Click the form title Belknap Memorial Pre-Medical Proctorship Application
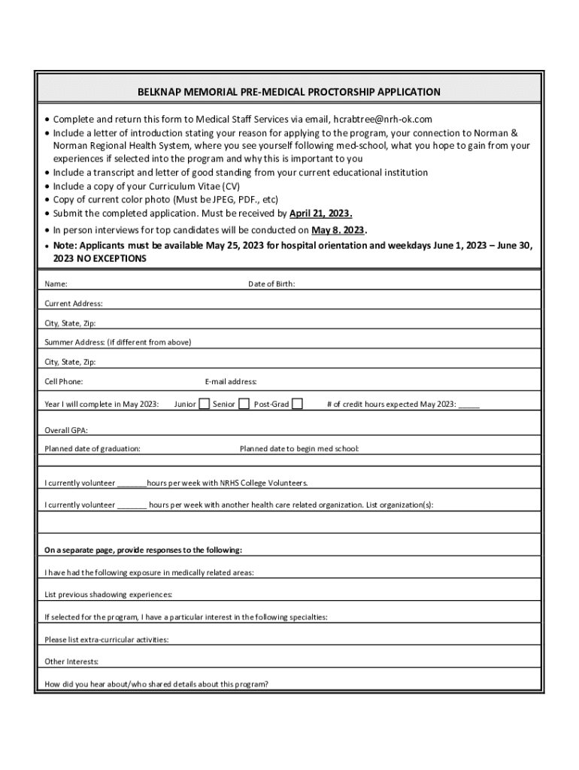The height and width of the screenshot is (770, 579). tap(289, 92)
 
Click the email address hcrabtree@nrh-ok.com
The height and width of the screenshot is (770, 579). tap(383, 119)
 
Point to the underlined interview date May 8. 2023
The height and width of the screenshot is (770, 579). tap(338, 230)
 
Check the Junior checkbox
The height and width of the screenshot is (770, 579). tap(204, 404)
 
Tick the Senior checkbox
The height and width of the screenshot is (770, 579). tap(244, 404)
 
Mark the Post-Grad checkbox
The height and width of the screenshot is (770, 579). tap(298, 404)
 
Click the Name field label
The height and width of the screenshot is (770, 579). tap(56, 284)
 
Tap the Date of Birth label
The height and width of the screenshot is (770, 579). tap(271, 284)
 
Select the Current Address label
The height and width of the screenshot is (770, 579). tap(74, 304)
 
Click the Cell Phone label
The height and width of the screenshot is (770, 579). tap(64, 382)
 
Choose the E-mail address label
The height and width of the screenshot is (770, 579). tap(231, 382)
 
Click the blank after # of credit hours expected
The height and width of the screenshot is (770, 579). tap(468, 405)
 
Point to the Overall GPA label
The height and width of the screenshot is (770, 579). tap(66, 430)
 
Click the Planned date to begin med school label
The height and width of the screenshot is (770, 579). tap(299, 449)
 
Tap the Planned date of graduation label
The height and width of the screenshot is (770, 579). tap(92, 449)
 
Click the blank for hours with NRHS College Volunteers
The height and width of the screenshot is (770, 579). tap(132, 484)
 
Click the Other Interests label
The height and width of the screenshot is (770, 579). tap(71, 662)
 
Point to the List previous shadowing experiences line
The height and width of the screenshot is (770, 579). tap(108, 595)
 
